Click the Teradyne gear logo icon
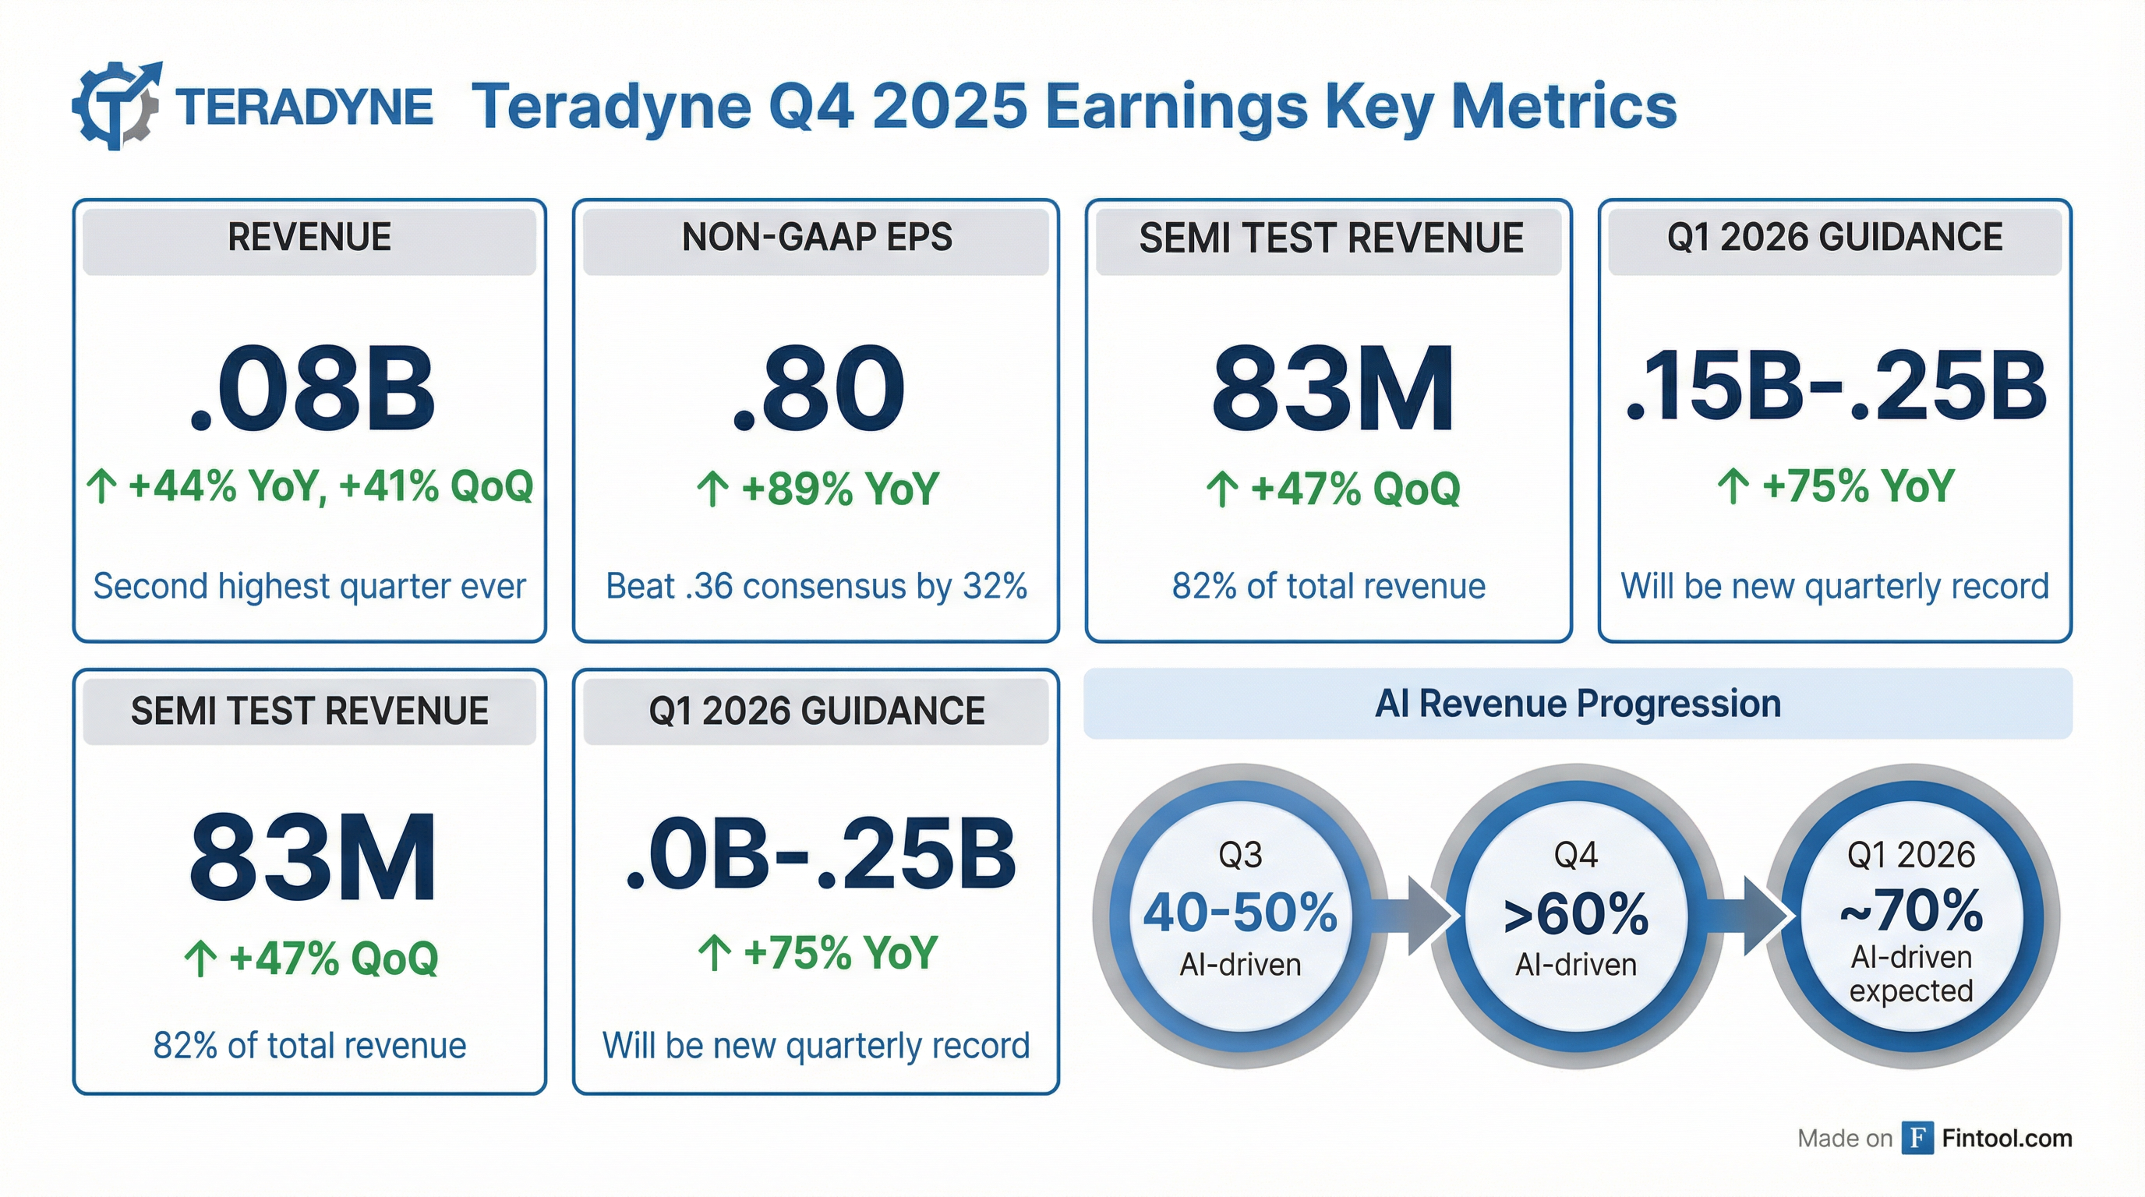click(x=118, y=106)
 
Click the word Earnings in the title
click(x=1174, y=108)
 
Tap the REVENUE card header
click(x=309, y=238)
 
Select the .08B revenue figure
click(x=313, y=390)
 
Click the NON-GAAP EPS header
click(x=816, y=238)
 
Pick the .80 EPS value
click(x=818, y=390)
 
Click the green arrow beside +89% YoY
click(x=712, y=489)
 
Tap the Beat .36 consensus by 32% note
click(x=816, y=586)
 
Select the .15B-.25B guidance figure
click(x=1836, y=388)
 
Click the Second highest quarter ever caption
click(x=309, y=586)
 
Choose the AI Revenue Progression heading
click(x=1577, y=704)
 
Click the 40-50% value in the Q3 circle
click(x=1240, y=913)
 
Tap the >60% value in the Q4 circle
click(x=1575, y=915)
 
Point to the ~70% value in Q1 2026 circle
click(x=1911, y=912)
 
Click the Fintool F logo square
click(x=1917, y=1138)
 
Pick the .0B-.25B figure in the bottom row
click(x=819, y=856)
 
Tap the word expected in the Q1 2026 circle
click(x=1911, y=991)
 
